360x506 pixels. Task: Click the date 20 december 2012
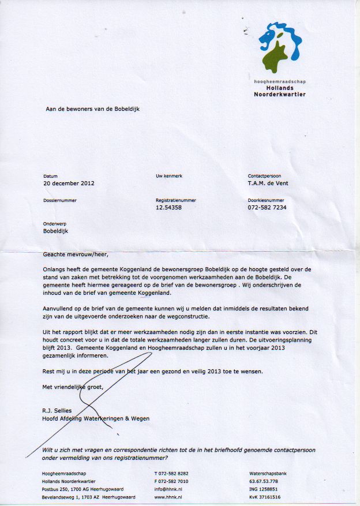click(69, 183)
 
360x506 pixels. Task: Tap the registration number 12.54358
click(168, 207)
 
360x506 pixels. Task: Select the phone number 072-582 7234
click(267, 207)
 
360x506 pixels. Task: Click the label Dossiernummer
click(59, 200)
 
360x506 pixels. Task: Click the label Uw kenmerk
click(168, 176)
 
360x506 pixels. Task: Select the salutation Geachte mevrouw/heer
click(76, 254)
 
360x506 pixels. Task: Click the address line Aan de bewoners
click(92, 108)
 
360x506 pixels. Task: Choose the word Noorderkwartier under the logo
click(280, 94)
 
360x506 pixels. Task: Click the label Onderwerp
click(55, 224)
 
